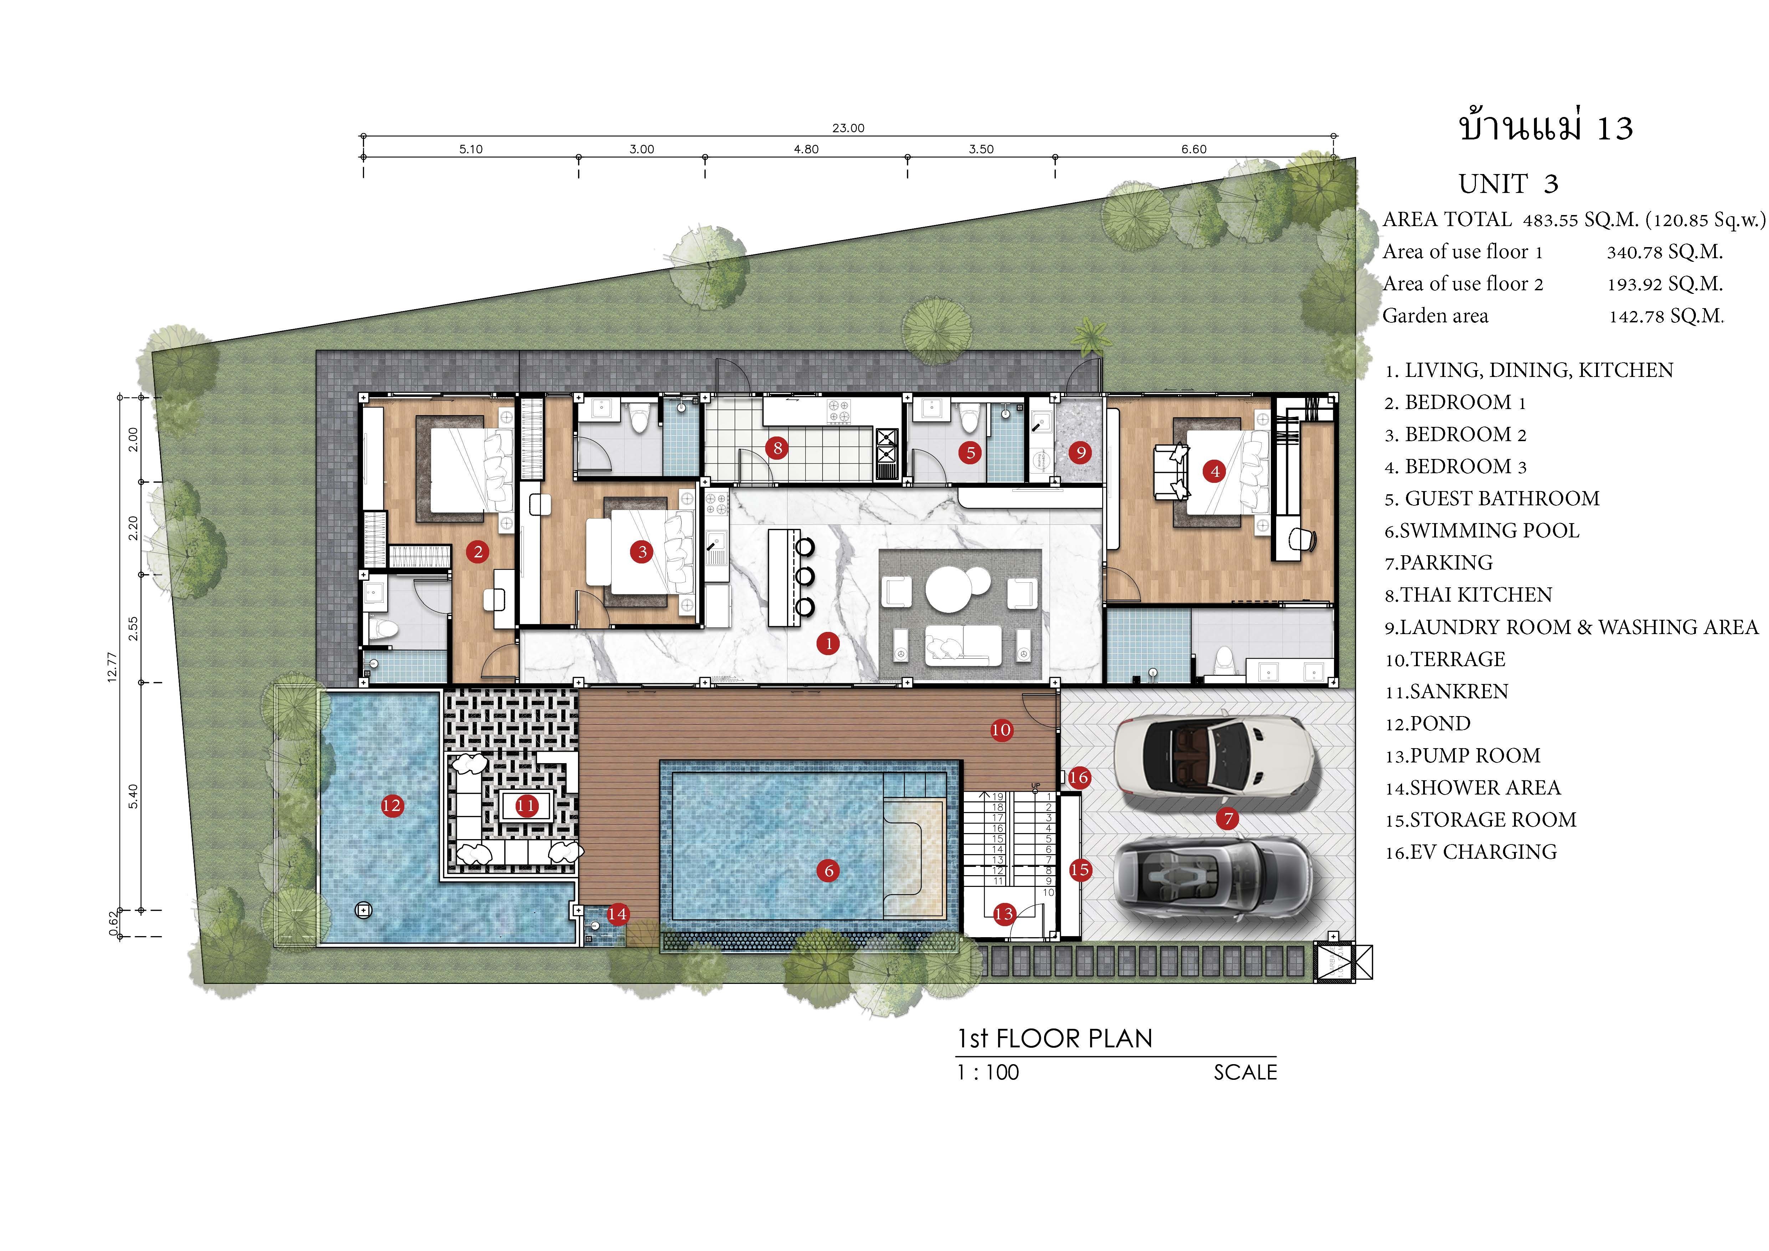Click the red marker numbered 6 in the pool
click(829, 870)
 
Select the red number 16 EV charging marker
click(1079, 777)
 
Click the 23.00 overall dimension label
click(848, 128)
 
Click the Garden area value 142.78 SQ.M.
click(1667, 316)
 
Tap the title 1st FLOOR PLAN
click(1055, 1038)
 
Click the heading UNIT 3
click(1509, 184)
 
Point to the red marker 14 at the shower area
click(617, 914)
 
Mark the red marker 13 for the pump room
click(1004, 914)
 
